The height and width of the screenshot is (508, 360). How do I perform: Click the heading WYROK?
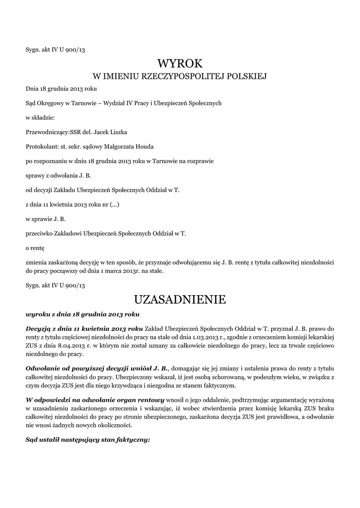click(x=180, y=63)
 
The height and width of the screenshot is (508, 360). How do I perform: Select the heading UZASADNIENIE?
click(x=180, y=300)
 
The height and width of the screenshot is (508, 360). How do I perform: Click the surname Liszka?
click(x=116, y=132)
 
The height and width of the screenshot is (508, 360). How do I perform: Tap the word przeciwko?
click(x=39, y=233)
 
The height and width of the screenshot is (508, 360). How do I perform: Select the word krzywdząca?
click(x=131, y=385)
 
